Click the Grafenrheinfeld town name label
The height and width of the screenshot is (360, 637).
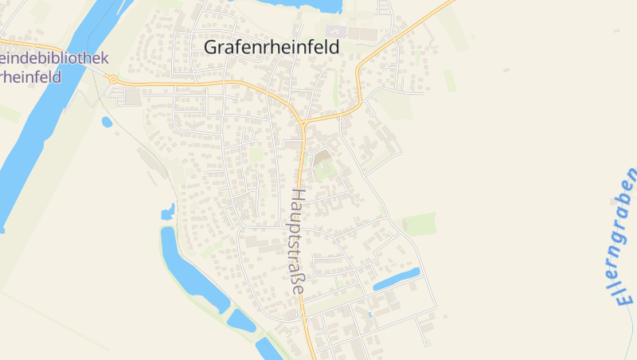(272, 47)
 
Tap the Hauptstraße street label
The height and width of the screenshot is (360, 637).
(297, 242)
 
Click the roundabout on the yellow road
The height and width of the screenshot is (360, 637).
(113, 79)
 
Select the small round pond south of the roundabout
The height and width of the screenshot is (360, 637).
(107, 122)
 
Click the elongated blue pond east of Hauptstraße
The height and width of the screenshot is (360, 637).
(397, 279)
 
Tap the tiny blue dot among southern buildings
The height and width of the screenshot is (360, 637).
(369, 315)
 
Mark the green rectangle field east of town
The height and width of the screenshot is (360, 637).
(420, 224)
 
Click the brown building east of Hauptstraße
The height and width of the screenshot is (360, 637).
(322, 156)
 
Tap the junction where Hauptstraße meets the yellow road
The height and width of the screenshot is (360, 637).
(303, 123)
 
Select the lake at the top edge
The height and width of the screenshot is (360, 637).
(295, 6)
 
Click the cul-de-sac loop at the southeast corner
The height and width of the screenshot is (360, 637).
(428, 342)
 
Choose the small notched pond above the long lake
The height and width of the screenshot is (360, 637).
(167, 213)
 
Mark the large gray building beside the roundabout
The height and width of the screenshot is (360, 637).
(132, 96)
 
